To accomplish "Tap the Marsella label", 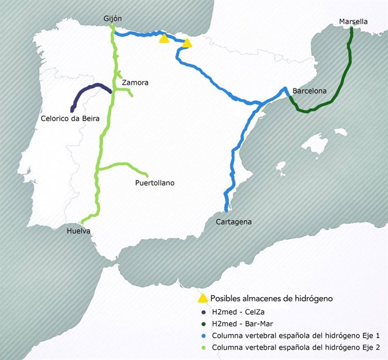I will pyautogui.click(x=353, y=21).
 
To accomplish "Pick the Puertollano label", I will pyautogui.click(x=155, y=183).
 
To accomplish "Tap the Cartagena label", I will pyautogui.click(x=233, y=222).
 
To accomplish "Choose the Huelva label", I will pyautogui.click(x=78, y=231).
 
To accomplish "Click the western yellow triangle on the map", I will pyautogui.click(x=164, y=39).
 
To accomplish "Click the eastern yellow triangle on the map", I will pyautogui.click(x=187, y=43).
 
